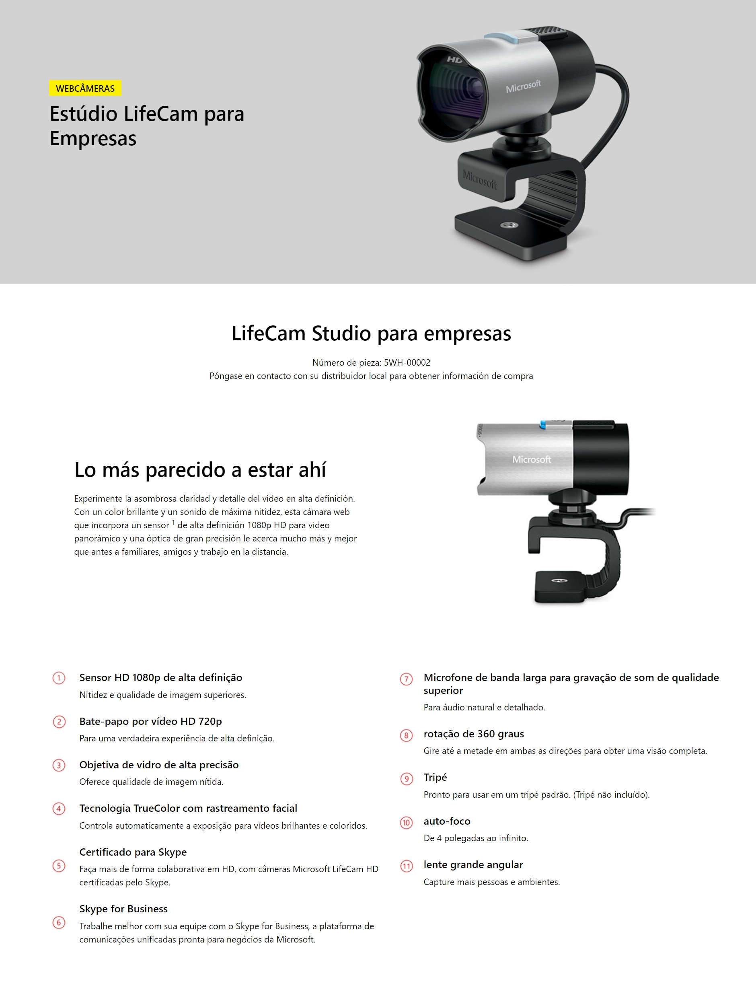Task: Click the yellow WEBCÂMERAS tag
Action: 85,88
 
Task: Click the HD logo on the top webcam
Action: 454,60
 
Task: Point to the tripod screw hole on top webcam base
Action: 509,224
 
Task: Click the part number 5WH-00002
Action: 407,362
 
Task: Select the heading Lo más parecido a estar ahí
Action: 200,469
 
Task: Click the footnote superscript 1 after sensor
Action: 173,522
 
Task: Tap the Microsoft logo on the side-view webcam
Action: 532,459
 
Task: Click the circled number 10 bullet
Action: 406,823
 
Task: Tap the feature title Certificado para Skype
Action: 133,852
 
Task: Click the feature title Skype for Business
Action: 123,909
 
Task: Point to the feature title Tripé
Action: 435,777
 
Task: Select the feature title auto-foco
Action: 447,821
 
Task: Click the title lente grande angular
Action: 473,864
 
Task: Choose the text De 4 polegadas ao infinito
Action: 476,838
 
